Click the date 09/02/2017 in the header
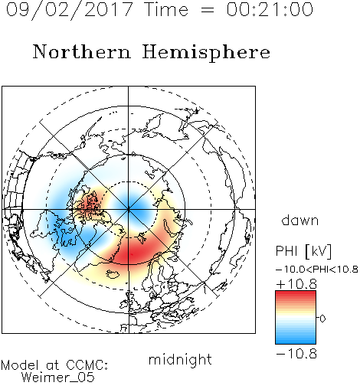pyautogui.click(x=69, y=9)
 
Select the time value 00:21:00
pyautogui.click(x=270, y=9)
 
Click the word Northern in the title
pyautogui.click(x=82, y=52)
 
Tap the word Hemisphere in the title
pyautogui.click(x=206, y=52)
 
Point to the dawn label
pyautogui.click(x=300, y=220)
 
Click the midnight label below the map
pyautogui.click(x=180, y=359)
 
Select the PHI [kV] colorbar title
pyautogui.click(x=303, y=251)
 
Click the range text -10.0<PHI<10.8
pyautogui.click(x=317, y=269)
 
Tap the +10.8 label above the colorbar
pyautogui.click(x=296, y=284)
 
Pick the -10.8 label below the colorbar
pyautogui.click(x=296, y=354)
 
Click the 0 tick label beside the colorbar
pyautogui.click(x=322, y=319)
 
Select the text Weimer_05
pyautogui.click(x=58, y=378)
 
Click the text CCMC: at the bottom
pyautogui.click(x=87, y=365)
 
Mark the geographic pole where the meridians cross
pyautogui.click(x=129, y=209)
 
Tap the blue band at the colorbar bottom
pyautogui.click(x=296, y=339)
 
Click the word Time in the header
pyautogui.click(x=166, y=9)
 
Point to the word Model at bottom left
pyautogui.click(x=20, y=365)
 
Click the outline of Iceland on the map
pyautogui.click(x=113, y=274)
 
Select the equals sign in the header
pyautogui.click(x=207, y=10)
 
